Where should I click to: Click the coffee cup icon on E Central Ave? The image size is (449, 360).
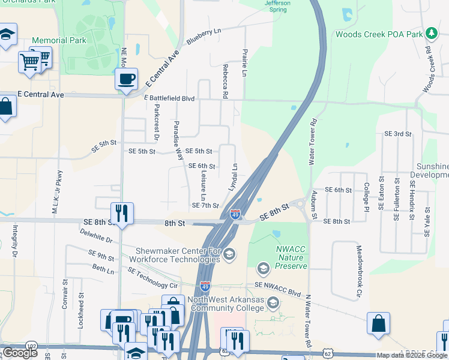coord(126,79)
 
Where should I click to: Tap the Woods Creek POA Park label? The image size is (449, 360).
coord(379,34)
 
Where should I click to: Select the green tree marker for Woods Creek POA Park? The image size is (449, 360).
coord(430,32)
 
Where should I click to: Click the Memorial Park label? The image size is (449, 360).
coord(59,40)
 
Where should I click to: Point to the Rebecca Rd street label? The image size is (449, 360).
coord(226,82)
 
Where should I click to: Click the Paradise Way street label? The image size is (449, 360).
coord(178,139)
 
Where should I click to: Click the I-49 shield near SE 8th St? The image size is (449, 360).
coord(235,214)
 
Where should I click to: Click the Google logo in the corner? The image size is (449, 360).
coord(20,352)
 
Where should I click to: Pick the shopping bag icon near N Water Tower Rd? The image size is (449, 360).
coord(379,324)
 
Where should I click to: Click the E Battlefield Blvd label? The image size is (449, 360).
coord(170,97)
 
